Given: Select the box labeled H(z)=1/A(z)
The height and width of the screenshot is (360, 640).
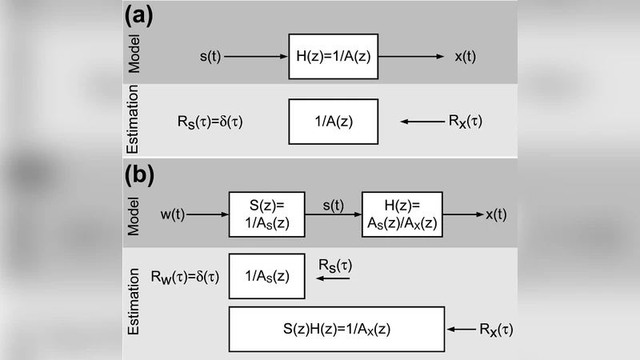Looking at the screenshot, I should click(x=332, y=57).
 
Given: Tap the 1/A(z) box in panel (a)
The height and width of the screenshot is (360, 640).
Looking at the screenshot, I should click(x=333, y=122).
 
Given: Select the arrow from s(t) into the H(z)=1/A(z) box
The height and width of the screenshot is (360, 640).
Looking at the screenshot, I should click(x=258, y=57).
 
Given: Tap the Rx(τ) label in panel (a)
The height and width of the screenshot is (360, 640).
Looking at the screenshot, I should click(x=466, y=122).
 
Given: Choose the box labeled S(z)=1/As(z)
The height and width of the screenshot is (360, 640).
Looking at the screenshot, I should click(x=267, y=214).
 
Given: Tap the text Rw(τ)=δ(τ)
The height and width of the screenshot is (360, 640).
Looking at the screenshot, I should click(x=185, y=277).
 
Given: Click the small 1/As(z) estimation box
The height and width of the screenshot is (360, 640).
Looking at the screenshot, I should click(x=267, y=276).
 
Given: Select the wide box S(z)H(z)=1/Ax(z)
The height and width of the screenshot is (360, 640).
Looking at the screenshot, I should click(x=337, y=329).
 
